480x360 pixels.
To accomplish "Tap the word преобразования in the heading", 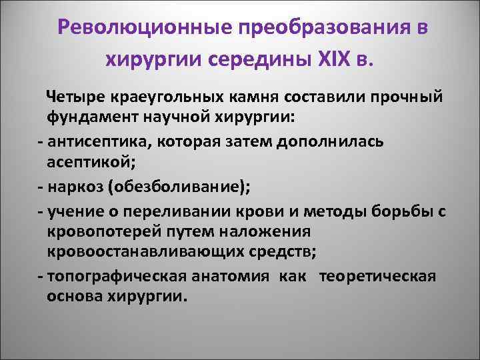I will [319, 29].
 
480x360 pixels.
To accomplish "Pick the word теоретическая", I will [378, 277].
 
